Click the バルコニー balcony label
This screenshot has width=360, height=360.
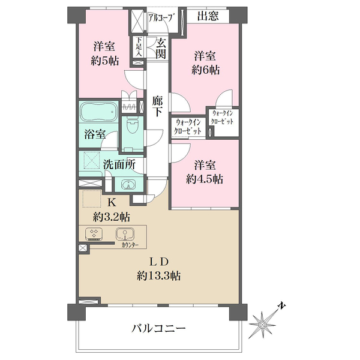(158, 329)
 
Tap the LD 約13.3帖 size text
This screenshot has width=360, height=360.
(158, 276)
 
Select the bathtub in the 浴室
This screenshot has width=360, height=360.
(98, 112)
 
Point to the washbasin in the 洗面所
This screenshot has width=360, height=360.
(128, 184)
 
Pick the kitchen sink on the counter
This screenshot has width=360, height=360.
(125, 234)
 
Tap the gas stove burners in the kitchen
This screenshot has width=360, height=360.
(94, 234)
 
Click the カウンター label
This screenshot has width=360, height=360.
(130, 245)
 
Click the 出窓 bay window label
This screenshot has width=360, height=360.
(208, 16)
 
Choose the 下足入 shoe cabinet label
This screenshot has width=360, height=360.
(139, 47)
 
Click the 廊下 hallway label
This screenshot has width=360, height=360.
(157, 107)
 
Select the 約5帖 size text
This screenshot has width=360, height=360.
(104, 61)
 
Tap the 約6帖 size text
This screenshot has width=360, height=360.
(205, 70)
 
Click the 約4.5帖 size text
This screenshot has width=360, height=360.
(205, 179)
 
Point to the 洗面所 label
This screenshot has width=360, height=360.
(119, 164)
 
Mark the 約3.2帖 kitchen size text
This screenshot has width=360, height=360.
(112, 217)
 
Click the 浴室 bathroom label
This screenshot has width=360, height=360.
(95, 134)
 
